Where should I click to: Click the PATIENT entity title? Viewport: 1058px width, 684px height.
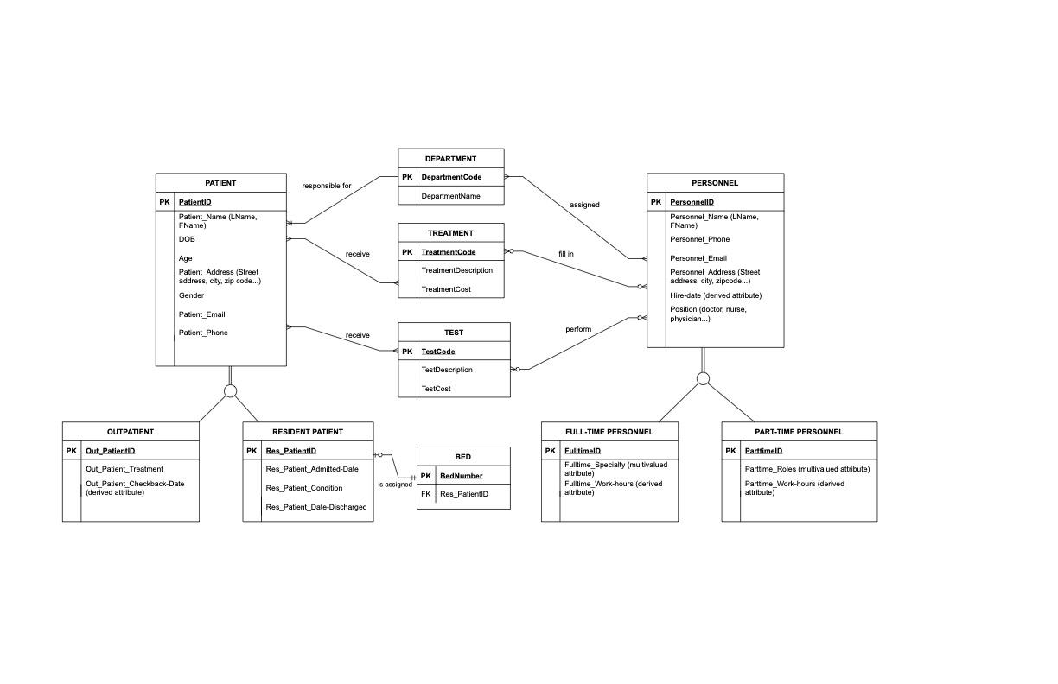coord(220,183)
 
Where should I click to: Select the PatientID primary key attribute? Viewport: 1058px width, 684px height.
coord(195,202)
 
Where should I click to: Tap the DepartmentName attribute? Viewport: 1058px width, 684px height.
coord(450,196)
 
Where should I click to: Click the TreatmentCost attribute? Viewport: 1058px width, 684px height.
coord(446,289)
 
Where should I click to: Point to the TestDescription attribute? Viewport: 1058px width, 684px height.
coord(447,370)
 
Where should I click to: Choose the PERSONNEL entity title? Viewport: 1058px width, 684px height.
coord(715,183)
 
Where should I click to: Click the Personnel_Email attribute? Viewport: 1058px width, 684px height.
coord(698,257)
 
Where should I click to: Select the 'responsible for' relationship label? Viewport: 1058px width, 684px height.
coord(327,186)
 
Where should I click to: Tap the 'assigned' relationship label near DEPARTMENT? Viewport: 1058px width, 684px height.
coord(584,205)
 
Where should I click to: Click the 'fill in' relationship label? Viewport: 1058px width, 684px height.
coord(566,254)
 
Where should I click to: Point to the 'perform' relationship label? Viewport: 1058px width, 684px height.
coord(578,329)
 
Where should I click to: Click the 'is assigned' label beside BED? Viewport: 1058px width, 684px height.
coord(395,484)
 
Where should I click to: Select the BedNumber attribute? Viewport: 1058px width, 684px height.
coord(462,476)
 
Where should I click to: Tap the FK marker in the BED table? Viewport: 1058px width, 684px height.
coord(425,494)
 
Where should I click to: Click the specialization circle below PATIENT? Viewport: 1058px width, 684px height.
coord(230,391)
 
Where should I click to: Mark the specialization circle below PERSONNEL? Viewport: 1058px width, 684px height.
coord(703,378)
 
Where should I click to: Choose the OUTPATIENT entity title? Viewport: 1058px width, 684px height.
coord(131,432)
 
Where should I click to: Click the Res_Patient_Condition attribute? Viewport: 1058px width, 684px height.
coord(305,488)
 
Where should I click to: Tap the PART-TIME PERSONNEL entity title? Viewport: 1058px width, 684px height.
coord(799,432)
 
